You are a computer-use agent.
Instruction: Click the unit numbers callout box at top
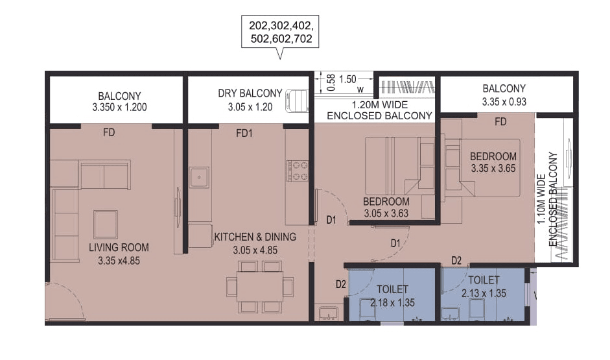[281, 32]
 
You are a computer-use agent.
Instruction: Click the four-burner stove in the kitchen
[298, 170]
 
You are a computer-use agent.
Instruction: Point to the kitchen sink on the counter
[199, 175]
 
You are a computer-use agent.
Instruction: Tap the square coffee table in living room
[106, 224]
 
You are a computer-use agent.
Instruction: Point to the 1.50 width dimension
[347, 79]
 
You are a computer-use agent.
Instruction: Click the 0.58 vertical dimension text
[331, 82]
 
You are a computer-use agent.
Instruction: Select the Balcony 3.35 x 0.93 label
[504, 95]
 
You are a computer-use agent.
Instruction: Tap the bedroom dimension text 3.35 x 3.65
[494, 169]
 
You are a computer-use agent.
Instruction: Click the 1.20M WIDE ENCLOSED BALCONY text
[379, 110]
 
